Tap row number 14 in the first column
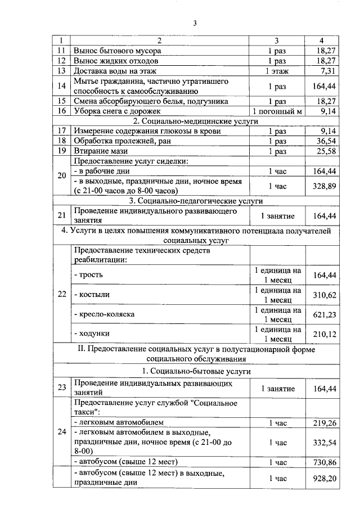[x=62, y=86]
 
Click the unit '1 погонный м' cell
[x=277, y=111]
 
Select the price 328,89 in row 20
[x=323, y=186]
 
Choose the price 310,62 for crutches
[x=323, y=295]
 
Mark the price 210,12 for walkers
[x=323, y=335]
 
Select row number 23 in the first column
[x=62, y=388]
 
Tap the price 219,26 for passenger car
[x=323, y=422]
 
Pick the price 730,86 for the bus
[x=323, y=462]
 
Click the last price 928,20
[x=323, y=478]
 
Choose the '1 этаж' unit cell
[x=277, y=71]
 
